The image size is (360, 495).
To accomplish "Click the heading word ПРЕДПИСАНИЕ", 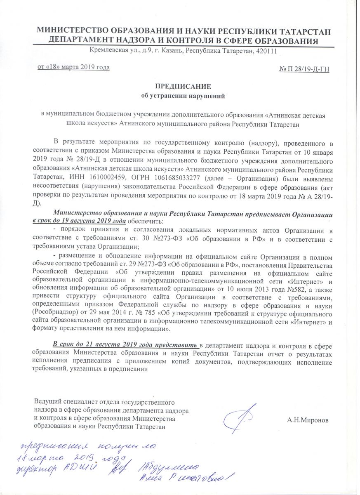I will (x=182, y=87).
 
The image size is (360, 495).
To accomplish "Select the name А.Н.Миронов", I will (x=308, y=421).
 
